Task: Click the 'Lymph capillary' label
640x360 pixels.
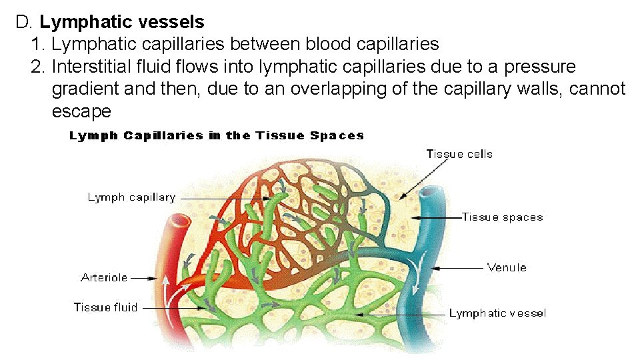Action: [x=131, y=197]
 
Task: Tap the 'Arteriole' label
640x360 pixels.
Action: [x=104, y=277]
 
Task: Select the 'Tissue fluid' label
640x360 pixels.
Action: [x=105, y=307]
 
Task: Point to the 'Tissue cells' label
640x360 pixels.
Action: [x=459, y=154]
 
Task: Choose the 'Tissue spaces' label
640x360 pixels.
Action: [x=502, y=217]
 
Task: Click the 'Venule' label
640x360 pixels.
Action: [x=507, y=267]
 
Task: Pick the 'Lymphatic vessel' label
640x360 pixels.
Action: [x=497, y=313]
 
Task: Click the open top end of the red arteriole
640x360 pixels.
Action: [x=180, y=221]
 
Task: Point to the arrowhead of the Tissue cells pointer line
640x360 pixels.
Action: [x=400, y=198]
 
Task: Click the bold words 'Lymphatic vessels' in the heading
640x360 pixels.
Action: [x=122, y=22]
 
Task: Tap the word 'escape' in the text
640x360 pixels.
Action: [x=81, y=111]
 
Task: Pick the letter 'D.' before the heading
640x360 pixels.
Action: [x=25, y=22]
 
